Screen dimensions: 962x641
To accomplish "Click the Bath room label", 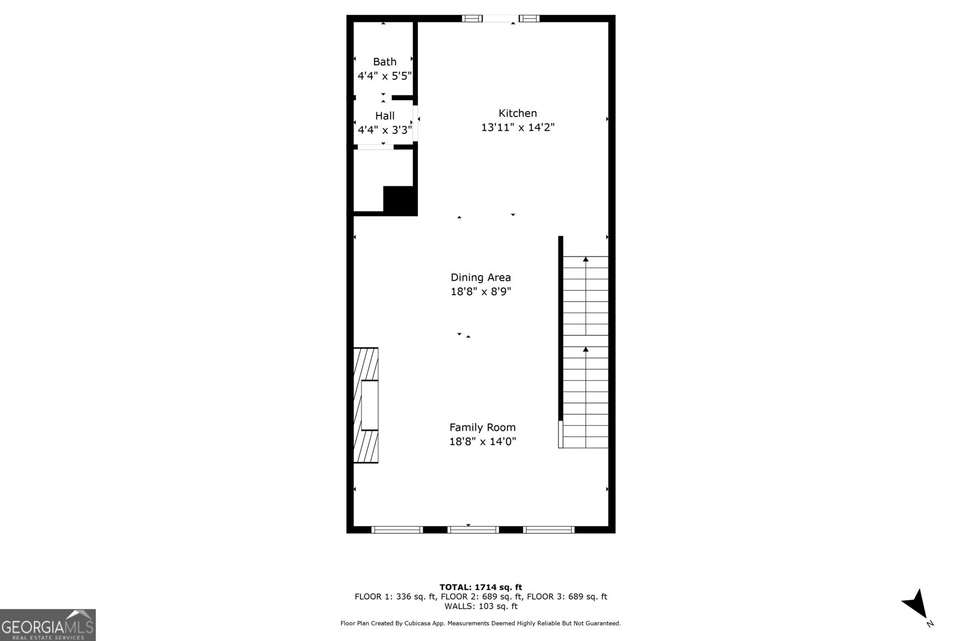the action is tap(384, 62).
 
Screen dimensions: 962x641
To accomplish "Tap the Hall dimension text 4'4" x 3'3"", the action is tap(385, 130).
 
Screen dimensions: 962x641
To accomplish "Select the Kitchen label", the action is tap(518, 114).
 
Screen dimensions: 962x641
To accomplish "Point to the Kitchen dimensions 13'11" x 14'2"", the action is tap(518, 127).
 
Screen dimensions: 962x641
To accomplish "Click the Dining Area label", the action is tap(480, 278).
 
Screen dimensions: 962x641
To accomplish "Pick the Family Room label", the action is tap(482, 427).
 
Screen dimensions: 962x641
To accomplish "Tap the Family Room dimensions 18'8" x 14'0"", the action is tap(482, 442).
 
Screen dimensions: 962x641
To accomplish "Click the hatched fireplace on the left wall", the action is tap(366, 405).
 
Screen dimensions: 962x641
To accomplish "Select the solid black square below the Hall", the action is tap(400, 201).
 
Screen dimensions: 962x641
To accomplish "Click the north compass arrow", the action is tap(916, 605).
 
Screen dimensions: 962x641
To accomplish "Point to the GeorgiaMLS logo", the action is tap(47, 625).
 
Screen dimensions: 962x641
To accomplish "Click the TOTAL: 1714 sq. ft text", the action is tap(480, 587).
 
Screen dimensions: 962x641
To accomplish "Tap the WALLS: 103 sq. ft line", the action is tap(480, 606).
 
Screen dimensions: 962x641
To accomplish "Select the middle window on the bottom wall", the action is tap(473, 530).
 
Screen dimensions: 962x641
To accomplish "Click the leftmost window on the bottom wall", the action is tap(397, 530).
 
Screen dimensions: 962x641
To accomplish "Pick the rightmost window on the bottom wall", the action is tap(549, 530).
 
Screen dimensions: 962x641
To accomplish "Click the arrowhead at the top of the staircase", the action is tap(586, 259).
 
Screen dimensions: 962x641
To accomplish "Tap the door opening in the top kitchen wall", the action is tap(501, 19).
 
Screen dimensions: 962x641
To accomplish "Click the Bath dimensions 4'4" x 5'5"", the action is tap(385, 76).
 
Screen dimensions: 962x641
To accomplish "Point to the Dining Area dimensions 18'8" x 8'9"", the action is tap(480, 292).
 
